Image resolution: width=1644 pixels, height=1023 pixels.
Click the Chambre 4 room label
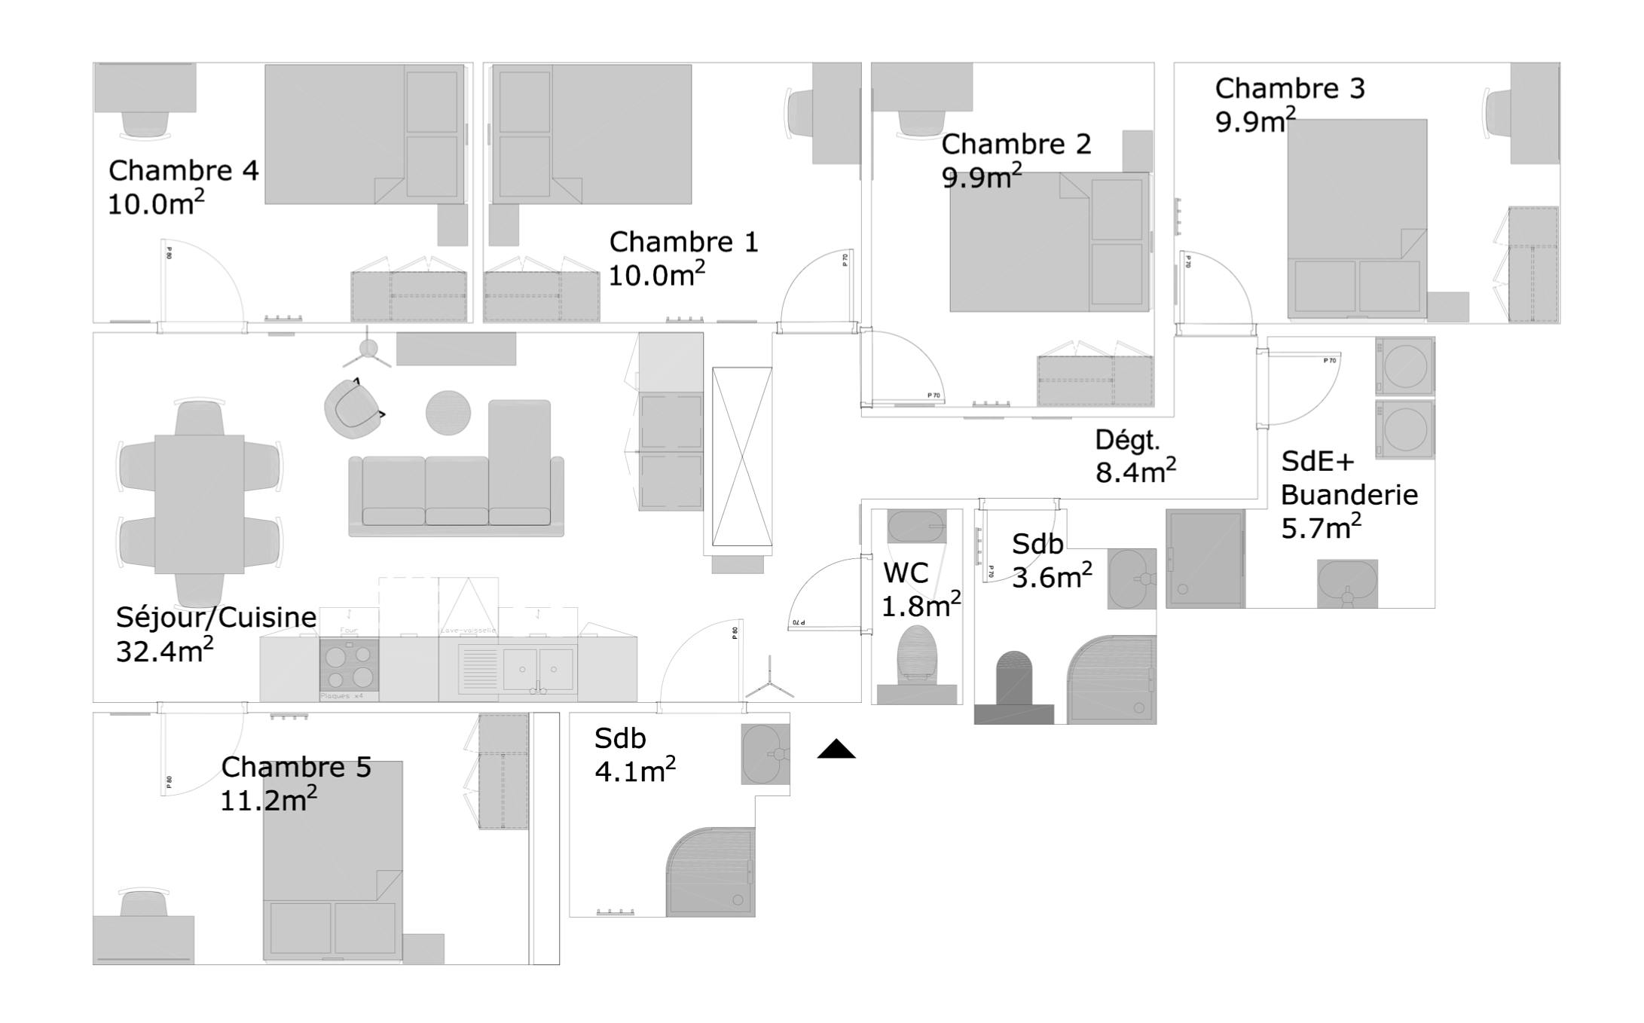click(183, 171)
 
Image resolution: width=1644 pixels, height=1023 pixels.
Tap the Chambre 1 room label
click(683, 243)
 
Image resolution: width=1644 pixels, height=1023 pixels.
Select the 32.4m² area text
click(164, 651)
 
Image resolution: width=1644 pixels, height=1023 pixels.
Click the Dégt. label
click(1127, 441)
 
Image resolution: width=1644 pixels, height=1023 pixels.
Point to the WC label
click(906, 573)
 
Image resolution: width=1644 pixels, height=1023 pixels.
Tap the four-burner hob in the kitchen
click(349, 665)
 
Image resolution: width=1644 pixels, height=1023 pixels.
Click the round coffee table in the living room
click(448, 413)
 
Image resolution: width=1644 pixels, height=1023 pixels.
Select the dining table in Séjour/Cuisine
click(200, 504)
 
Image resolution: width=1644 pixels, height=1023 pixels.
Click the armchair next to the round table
click(353, 409)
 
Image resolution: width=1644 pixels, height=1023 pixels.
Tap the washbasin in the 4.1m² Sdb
click(765, 753)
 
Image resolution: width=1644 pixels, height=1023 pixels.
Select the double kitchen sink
click(537, 668)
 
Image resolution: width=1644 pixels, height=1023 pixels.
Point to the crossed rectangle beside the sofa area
click(742, 457)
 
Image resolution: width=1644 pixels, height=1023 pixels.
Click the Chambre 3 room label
click(1289, 89)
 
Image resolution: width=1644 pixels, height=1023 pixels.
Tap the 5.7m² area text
click(1321, 528)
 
